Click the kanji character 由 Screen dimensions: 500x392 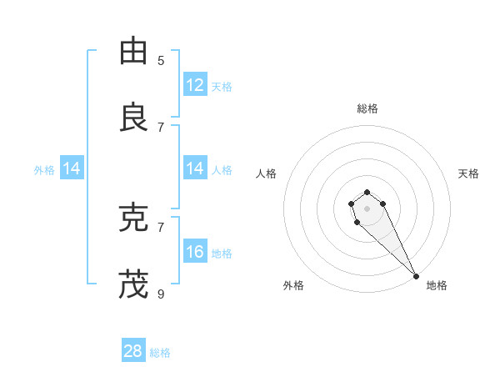pos(133,52)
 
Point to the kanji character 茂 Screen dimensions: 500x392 pos(133,284)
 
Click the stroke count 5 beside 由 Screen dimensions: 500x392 pos(161,60)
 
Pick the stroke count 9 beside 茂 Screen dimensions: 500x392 pos(161,294)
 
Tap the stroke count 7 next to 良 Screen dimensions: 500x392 pos(161,127)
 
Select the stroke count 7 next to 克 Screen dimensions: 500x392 pos(161,227)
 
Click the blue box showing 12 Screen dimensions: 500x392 pos(195,85)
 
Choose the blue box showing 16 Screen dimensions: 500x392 pos(195,252)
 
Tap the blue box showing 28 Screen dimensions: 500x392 pos(133,351)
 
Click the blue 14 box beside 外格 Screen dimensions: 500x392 pos(72,168)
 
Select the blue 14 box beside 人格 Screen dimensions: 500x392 pos(195,168)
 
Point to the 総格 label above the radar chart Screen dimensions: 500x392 pos(367,108)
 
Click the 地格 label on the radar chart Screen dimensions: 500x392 pos(437,285)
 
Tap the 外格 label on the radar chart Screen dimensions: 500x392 pos(293,285)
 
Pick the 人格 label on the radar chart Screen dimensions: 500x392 pos(267,173)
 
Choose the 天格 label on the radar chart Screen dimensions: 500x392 pos(468,173)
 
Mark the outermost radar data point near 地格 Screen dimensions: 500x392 pos(416,276)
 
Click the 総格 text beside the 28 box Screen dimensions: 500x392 pos(160,353)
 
